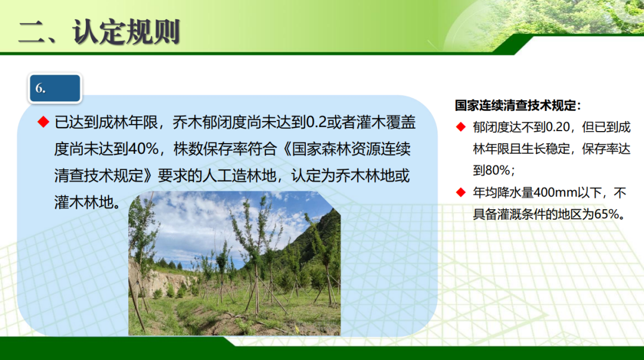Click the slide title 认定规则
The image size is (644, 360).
tap(126, 32)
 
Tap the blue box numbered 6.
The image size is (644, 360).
tap(55, 88)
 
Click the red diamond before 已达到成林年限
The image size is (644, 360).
tap(44, 122)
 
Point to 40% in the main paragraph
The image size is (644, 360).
tap(143, 148)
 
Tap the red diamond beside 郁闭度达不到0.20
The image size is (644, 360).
tap(461, 127)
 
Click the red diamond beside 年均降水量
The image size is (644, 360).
tap(461, 192)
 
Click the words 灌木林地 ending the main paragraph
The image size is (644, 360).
tap(84, 202)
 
